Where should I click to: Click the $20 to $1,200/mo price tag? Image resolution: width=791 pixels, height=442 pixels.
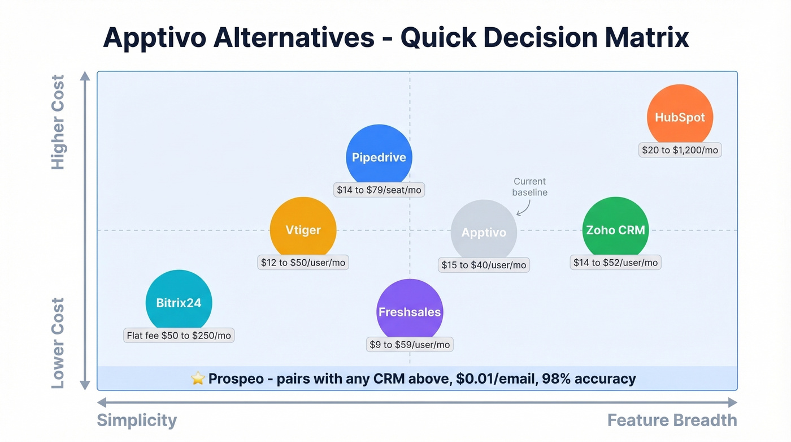680,150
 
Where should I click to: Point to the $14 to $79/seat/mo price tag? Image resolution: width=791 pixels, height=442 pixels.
379,190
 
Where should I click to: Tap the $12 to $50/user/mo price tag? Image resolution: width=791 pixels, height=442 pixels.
303,263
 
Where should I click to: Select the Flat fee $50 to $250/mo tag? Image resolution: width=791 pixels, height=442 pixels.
179,336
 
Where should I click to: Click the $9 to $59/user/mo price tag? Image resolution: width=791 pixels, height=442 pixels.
410,345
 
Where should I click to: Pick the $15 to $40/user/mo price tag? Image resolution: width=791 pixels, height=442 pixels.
484,265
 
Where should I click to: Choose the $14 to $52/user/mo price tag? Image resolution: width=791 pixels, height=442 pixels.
615,263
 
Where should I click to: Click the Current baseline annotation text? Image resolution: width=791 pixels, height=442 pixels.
529,187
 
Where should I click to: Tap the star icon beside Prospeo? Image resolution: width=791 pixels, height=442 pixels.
198,379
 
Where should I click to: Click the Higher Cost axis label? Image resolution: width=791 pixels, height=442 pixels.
58,122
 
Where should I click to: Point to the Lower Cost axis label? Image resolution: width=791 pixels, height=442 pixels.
58,343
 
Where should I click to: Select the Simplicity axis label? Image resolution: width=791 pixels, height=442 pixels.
137,420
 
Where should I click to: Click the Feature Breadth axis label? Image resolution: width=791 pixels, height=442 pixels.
672,420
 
